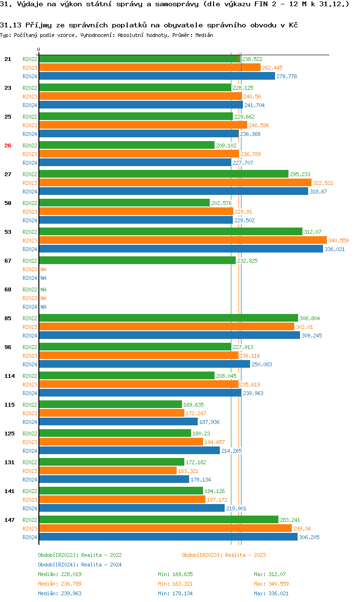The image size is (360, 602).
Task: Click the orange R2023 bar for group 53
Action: pyautogui.click(x=182, y=240)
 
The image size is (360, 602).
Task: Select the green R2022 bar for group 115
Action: pyautogui.click(x=110, y=404)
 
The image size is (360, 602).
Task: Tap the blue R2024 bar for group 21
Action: pyautogui.click(x=157, y=76)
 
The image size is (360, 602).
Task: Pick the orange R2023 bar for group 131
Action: pyautogui.click(x=108, y=470)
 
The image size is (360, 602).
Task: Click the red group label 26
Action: pyautogui.click(x=8, y=145)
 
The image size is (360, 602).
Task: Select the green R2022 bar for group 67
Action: pyautogui.click(x=137, y=260)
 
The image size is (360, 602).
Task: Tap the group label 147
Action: pyautogui.click(x=9, y=520)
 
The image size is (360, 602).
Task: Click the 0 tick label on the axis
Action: pyautogui.click(x=39, y=49)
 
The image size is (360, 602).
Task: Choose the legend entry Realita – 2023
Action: pyautogui.click(x=224, y=555)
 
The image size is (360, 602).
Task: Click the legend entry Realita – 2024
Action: pyautogui.click(x=80, y=565)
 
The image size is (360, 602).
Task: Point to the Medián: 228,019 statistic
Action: pyautogui.click(x=59, y=574)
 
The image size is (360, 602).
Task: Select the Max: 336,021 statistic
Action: pyautogui.click(x=272, y=593)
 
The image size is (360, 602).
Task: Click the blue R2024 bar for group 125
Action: pyautogui.click(x=129, y=450)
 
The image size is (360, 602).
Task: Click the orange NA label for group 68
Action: pyautogui.click(x=43, y=298)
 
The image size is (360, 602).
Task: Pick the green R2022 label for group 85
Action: pyautogui.click(x=30, y=318)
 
